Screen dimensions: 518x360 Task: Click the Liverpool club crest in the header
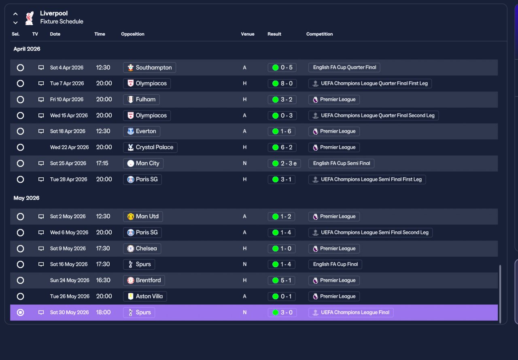pos(30,18)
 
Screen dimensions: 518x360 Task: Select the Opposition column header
pos(132,34)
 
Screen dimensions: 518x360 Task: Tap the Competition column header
pos(319,34)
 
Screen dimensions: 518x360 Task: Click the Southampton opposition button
pos(149,68)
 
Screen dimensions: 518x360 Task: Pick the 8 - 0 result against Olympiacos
pos(282,83)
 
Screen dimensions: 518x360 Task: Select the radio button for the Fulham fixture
pos(20,100)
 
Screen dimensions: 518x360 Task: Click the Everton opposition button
pos(142,131)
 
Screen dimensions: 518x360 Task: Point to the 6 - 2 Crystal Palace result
pos(282,147)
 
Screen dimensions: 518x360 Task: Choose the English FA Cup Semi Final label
pos(341,163)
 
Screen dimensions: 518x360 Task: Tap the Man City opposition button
pos(143,163)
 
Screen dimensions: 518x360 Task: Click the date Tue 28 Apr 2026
pos(69,179)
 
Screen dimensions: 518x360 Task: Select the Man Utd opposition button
pos(143,217)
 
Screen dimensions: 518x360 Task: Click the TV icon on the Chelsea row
pos(41,249)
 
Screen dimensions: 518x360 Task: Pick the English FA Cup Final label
pos(335,264)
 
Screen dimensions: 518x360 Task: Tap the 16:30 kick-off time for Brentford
pos(103,280)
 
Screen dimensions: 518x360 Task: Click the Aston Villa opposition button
pos(145,296)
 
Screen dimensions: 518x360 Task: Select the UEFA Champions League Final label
pos(351,313)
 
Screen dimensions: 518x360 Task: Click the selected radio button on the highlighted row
pos(20,313)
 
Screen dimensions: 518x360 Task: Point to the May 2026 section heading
pos(26,198)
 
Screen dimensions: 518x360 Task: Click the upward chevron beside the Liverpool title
pos(15,14)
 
